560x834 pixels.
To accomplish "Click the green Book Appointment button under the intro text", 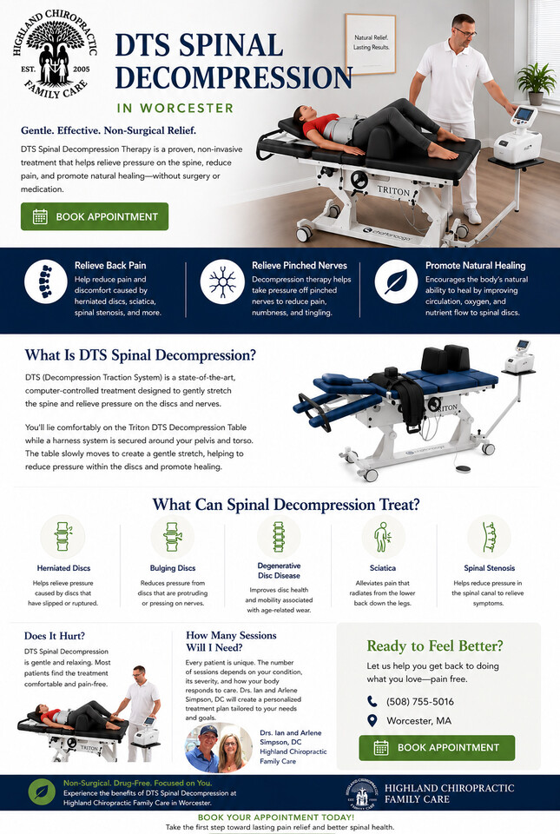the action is click(95, 216).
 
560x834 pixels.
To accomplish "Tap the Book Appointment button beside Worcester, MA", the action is click(437, 747).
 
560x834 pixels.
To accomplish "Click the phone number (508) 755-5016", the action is click(419, 702).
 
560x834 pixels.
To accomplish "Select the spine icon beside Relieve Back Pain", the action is click(46, 281).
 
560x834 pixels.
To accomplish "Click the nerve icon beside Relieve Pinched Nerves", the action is click(222, 281).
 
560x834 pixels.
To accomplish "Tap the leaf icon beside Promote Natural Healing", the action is click(396, 281).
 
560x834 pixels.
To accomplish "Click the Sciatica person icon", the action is click(382, 537).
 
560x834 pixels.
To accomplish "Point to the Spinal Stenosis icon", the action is click(489, 537).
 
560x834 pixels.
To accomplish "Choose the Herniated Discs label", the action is click(63, 568).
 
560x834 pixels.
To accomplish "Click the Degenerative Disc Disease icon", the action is click(279, 537).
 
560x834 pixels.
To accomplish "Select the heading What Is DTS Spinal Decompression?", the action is click(141, 354).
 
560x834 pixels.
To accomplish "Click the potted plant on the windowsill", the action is click(536, 83).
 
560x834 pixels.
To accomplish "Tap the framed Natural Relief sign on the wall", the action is click(371, 43).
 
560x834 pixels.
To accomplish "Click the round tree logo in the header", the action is click(56, 54).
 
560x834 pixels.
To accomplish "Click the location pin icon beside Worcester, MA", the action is click(372, 721).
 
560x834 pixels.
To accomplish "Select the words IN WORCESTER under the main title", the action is click(175, 108).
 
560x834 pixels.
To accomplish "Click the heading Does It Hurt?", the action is click(54, 636).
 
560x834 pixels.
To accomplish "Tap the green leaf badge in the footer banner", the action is click(42, 792).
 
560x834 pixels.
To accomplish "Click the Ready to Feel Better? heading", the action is click(435, 645).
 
